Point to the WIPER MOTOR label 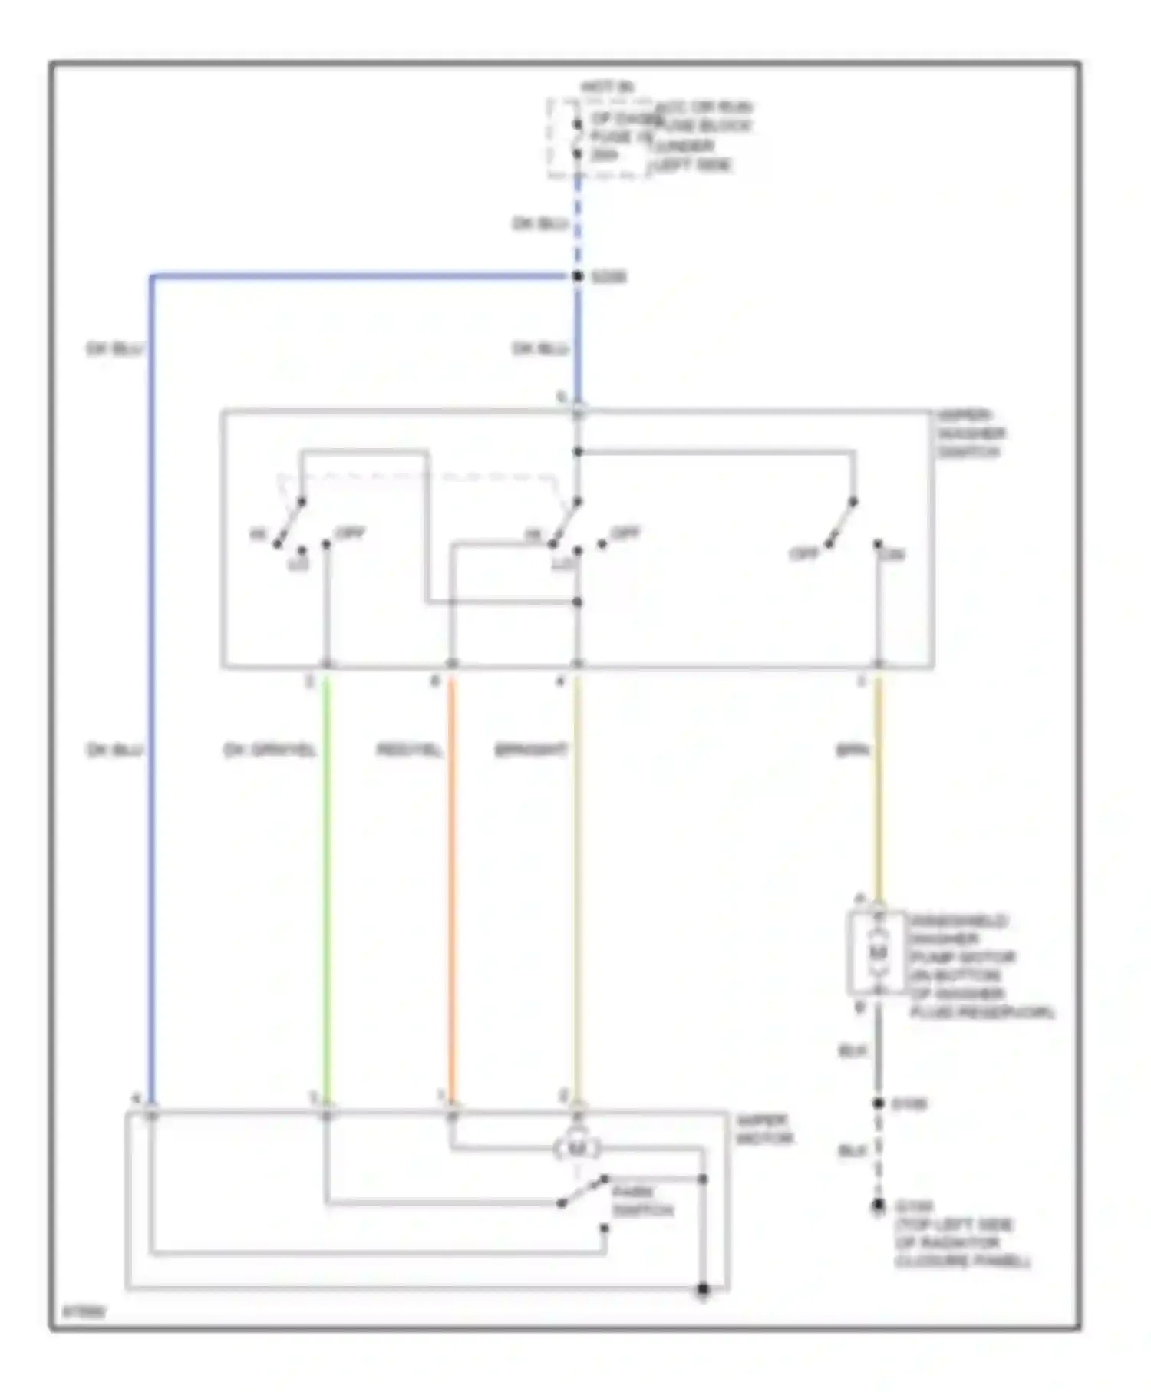point(763,1130)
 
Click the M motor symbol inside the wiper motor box point(577,1149)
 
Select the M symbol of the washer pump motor point(878,952)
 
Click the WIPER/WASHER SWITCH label point(970,434)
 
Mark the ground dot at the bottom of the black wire point(878,1207)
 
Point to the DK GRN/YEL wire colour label point(269,750)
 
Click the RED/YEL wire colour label point(409,750)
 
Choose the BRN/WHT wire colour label point(531,750)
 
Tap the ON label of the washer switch point(892,554)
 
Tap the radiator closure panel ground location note point(962,1243)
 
